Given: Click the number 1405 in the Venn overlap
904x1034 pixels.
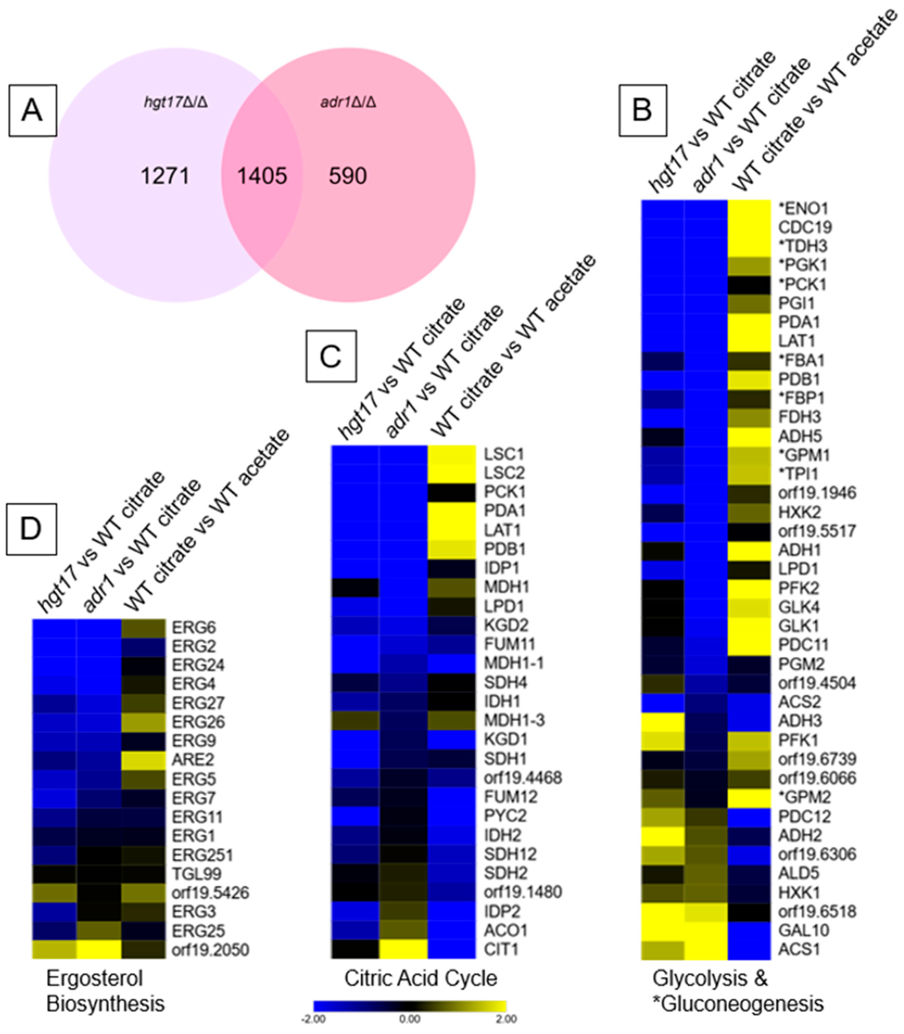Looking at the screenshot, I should coord(262,176).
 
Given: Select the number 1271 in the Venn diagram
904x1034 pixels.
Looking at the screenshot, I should coord(165,176).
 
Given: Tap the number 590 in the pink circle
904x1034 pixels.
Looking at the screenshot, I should coord(348,176).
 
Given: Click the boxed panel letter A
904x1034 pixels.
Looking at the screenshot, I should coord(32,111).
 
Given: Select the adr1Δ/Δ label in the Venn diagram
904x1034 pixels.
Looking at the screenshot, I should coord(348,102).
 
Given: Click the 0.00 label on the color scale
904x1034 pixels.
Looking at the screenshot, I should coord(409,1019).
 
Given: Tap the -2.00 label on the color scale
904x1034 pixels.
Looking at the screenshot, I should coord(313,1019).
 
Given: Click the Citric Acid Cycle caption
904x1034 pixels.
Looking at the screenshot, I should coord(421,979).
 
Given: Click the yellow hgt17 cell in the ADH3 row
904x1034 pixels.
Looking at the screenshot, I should coord(662,721).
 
